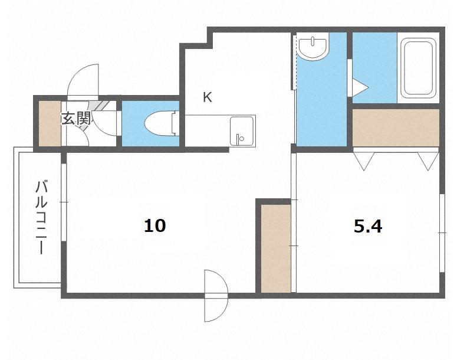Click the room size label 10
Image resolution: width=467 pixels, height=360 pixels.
tap(155, 225)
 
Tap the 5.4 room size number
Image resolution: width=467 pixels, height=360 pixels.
tap(368, 226)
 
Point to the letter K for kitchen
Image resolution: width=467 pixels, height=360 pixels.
tap(208, 97)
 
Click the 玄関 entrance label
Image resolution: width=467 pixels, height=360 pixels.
tap(76, 119)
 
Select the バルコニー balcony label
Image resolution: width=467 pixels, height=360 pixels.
tap(41, 217)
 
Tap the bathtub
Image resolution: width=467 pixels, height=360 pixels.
tap(418, 68)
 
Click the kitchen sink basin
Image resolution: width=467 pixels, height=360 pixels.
tap(242, 131)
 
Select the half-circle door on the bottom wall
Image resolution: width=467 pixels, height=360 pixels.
tap(216, 296)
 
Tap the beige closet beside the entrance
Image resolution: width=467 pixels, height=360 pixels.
tap(50, 124)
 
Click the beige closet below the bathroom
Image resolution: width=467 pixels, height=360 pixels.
tap(396, 127)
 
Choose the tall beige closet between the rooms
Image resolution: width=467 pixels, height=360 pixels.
tap(276, 248)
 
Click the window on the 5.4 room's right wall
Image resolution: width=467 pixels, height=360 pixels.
tap(442, 233)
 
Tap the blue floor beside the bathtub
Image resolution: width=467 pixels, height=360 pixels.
tap(374, 68)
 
